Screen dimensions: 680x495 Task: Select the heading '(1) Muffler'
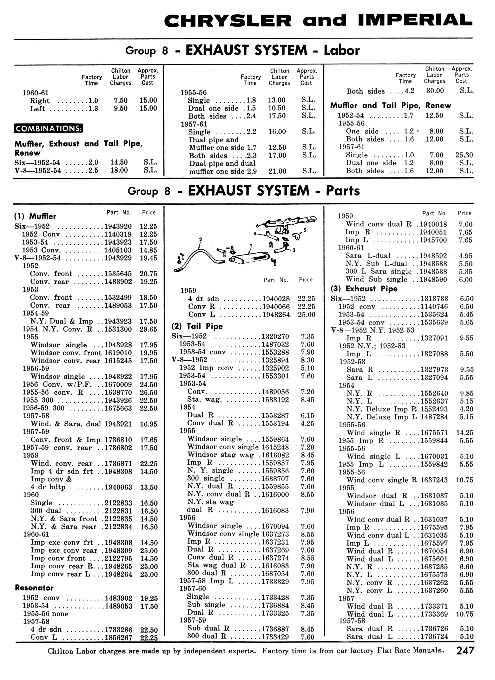click(35, 216)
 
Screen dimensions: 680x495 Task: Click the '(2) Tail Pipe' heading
click(197, 326)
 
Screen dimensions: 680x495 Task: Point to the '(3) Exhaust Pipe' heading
click(364, 289)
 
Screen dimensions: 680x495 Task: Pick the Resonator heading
click(34, 588)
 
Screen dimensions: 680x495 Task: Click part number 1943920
click(118, 226)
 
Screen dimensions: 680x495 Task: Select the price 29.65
click(148, 329)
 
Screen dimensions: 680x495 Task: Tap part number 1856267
click(118, 637)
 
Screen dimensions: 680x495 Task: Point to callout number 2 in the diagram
click(200, 239)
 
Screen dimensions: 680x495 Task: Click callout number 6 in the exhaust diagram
click(257, 225)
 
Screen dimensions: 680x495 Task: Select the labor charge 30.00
click(435, 91)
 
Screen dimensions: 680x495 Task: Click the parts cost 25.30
click(464, 155)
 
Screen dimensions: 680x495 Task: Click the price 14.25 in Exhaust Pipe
click(464, 433)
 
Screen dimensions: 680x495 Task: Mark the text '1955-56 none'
click(46, 614)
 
